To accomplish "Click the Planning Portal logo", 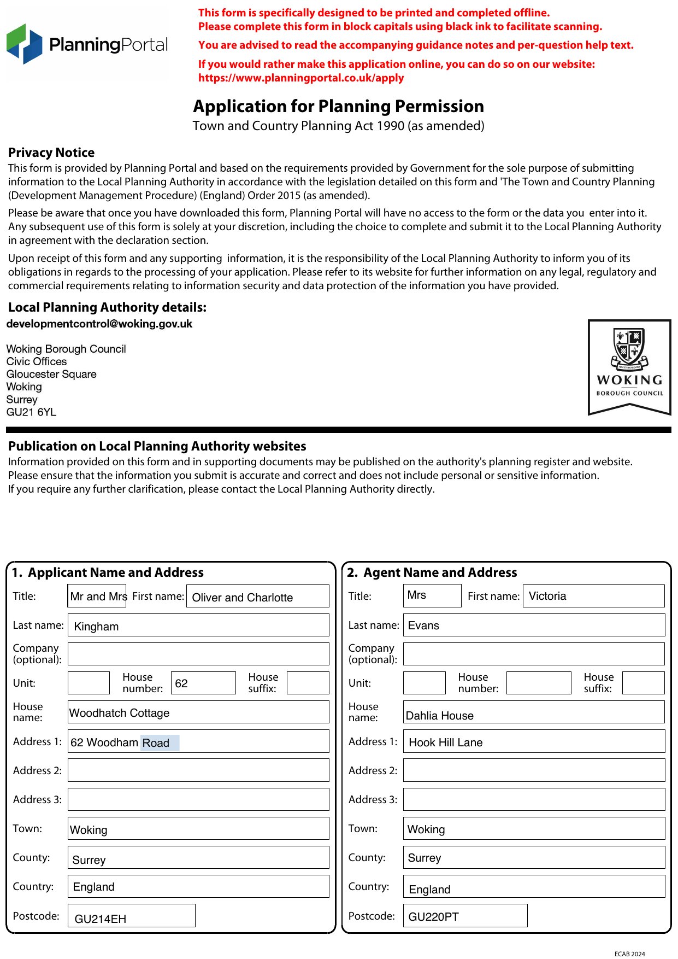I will pos(87,44).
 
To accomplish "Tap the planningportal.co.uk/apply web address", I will pos(301,78).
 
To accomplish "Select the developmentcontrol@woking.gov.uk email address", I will pos(99,324).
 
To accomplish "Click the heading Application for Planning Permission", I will pos(338,106).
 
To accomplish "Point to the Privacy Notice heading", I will pos(51,153).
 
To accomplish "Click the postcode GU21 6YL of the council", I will pos(31,412).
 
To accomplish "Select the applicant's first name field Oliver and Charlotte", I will pos(257,597).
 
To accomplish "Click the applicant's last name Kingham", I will pos(198,625).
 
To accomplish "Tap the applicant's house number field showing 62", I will pos(203,683).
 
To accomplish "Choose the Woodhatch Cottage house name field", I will pos(198,713).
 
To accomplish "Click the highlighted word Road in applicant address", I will pos(156,743).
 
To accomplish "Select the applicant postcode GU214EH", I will pos(131,916).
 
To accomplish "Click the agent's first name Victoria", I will pos(593,596).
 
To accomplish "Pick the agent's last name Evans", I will pos(533,625).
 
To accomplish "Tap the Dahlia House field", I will pos(533,713).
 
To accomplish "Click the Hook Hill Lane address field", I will pos(533,742).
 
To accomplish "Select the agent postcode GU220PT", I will pos(465,916).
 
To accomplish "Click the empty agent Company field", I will pos(533,654).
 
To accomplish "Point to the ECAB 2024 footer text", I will pos(629,954).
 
